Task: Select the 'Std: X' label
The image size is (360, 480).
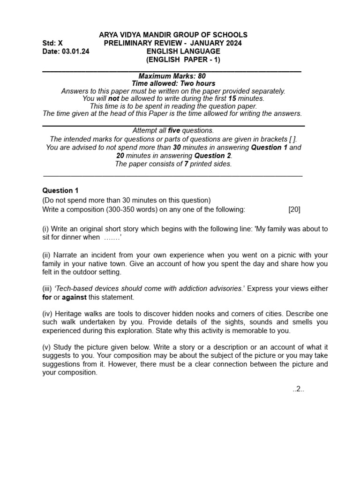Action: click(x=52, y=44)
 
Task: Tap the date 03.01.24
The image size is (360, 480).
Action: click(x=75, y=52)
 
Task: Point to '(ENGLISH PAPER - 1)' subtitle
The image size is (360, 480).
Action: click(x=183, y=60)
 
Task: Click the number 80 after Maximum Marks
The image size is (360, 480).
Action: click(x=201, y=76)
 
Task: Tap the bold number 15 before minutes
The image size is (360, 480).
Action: click(x=232, y=98)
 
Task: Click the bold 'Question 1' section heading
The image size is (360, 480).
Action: click(x=60, y=190)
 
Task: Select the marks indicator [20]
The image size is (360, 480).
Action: click(x=294, y=210)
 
